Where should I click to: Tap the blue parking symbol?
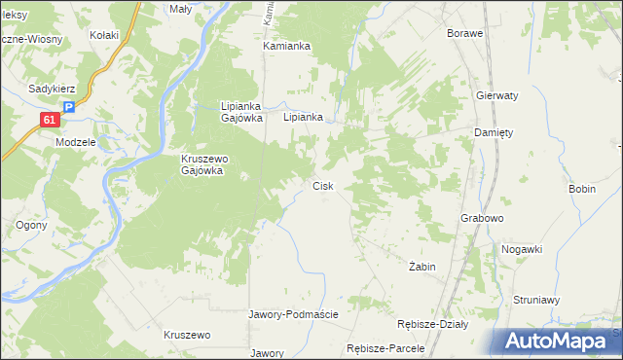(68, 109)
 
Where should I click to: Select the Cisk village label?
(323, 186)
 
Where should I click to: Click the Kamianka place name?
(286, 46)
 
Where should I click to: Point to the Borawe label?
(465, 33)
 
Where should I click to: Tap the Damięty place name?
(493, 132)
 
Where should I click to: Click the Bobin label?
(581, 189)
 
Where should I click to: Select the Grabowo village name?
(481, 219)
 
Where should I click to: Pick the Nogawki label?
(522, 249)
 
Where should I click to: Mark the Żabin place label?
(422, 267)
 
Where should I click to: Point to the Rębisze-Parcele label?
(386, 348)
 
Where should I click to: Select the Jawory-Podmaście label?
(293, 314)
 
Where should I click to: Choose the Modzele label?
(75, 141)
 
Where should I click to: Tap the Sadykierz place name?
(53, 88)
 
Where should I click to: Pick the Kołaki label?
(104, 36)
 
